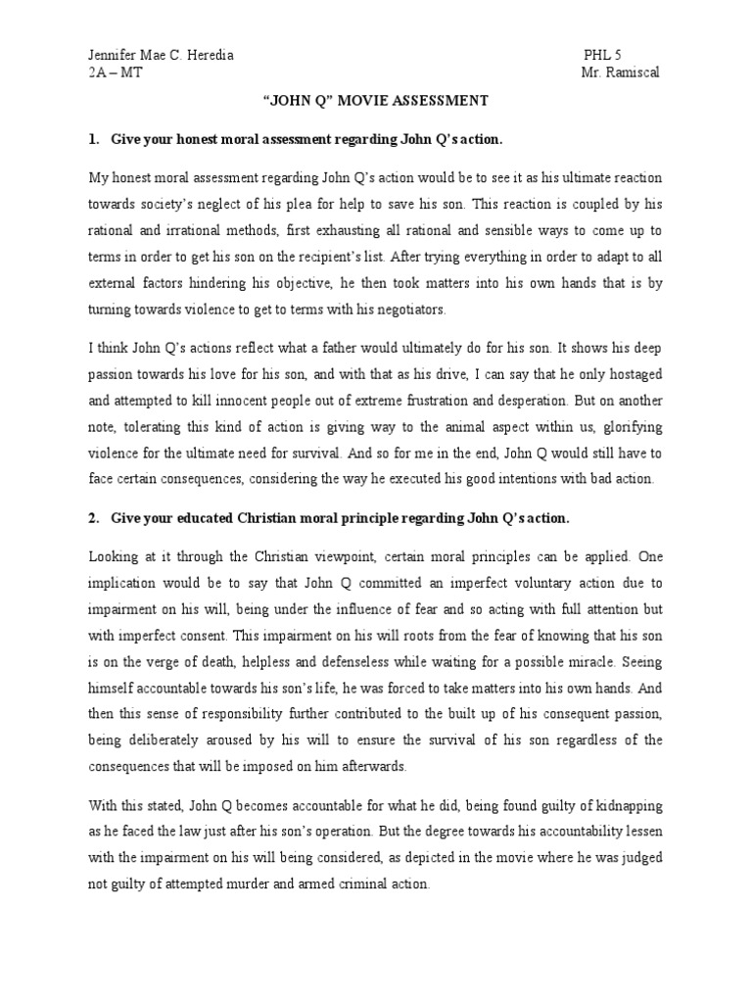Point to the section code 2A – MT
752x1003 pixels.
pyautogui.click(x=117, y=74)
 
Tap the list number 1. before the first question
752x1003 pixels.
pyautogui.click(x=95, y=140)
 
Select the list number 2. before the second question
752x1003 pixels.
pyautogui.click(x=95, y=517)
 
